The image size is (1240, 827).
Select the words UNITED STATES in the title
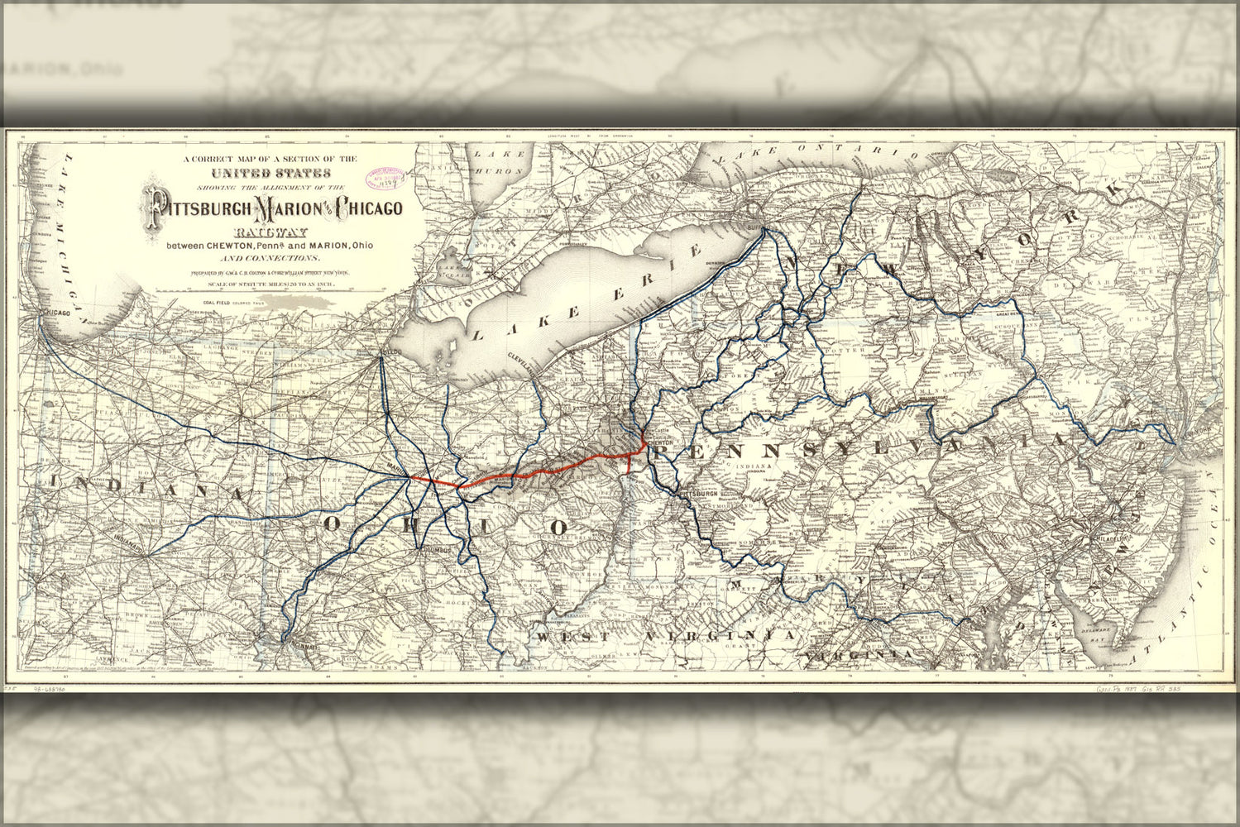[x=271, y=173]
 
